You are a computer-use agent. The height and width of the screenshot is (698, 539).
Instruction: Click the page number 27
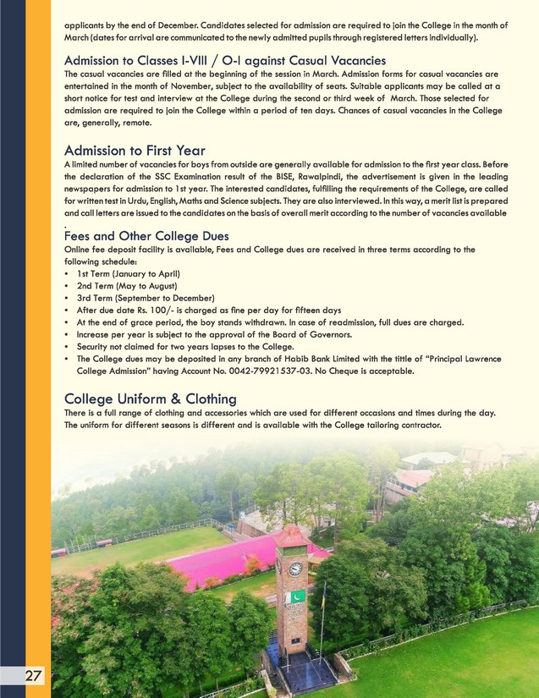point(33,676)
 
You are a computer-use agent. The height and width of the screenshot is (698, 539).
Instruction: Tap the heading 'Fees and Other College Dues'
point(146,235)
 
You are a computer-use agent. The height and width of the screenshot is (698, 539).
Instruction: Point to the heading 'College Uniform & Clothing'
point(150,398)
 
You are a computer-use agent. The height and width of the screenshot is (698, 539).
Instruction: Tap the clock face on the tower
point(295,569)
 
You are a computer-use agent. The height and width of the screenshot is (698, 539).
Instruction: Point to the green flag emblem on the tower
point(297,596)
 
